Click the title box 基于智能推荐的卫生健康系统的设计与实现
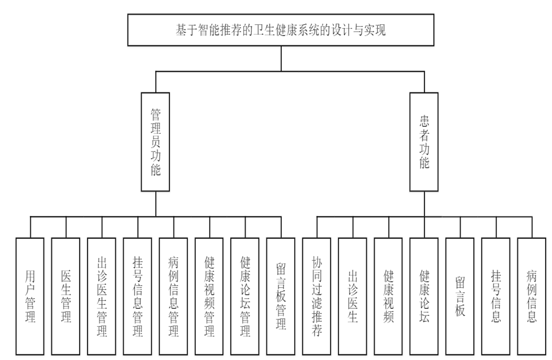tap(281, 30)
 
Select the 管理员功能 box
tap(156, 142)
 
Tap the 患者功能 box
tap(423, 142)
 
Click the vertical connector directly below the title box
tap(281, 58)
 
